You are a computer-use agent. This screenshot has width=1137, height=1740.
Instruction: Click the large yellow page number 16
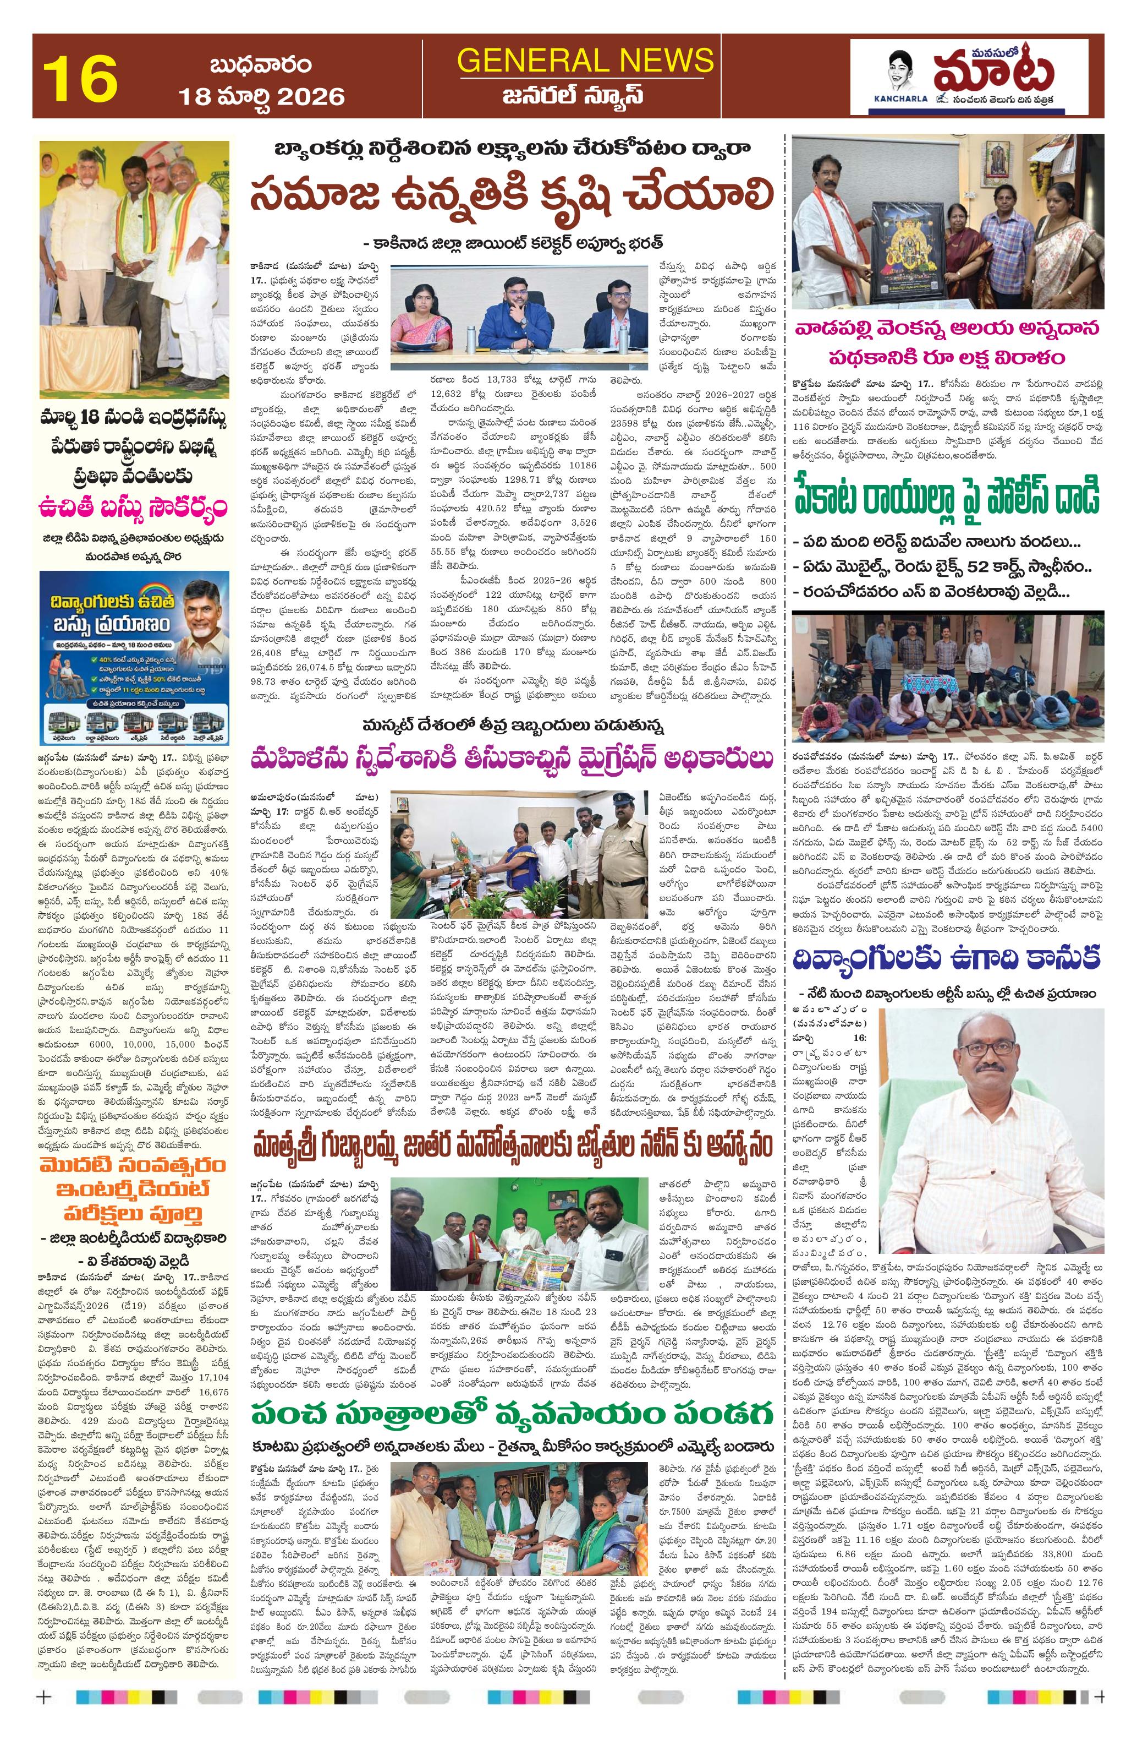[80, 78]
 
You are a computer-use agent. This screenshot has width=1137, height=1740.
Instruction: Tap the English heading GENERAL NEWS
[585, 60]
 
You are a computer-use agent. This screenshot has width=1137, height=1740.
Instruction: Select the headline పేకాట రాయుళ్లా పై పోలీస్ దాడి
[947, 497]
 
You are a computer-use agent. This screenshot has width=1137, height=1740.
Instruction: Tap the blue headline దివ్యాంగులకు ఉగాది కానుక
[947, 958]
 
